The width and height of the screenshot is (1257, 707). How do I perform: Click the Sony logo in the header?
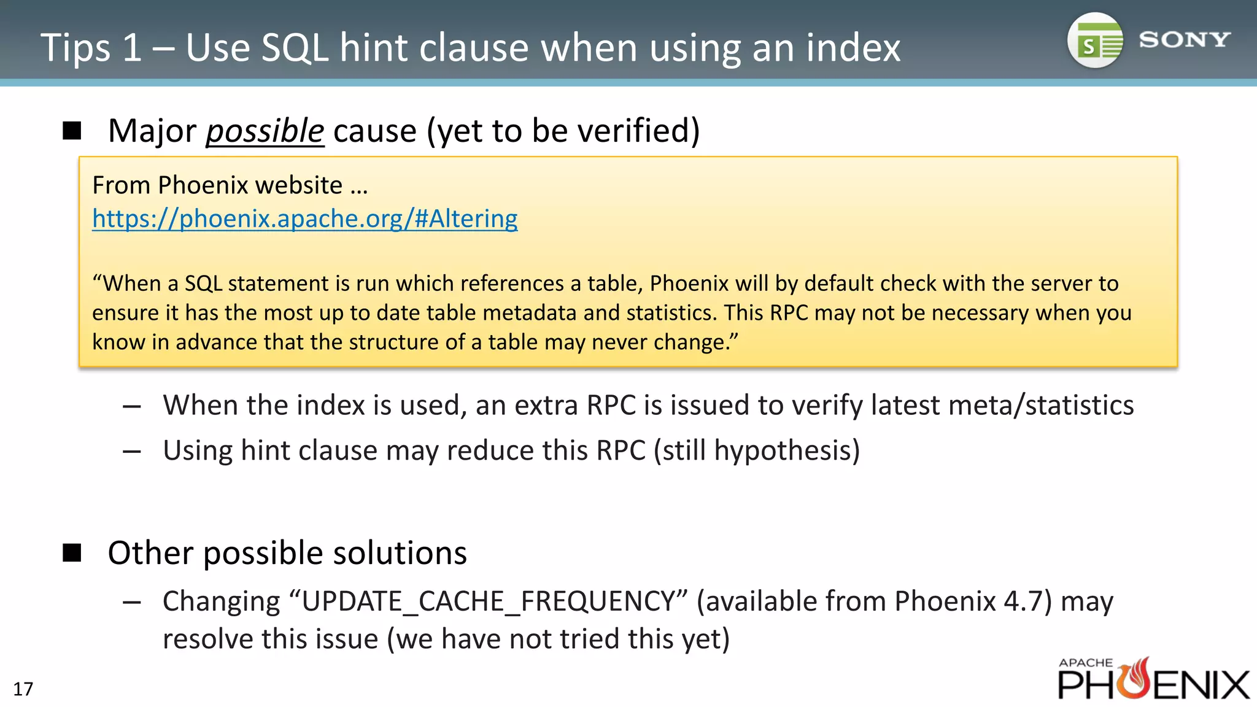[x=1184, y=40]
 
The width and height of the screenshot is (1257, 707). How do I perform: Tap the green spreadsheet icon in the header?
[x=1096, y=41]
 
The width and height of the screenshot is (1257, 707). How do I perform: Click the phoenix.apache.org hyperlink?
[x=304, y=218]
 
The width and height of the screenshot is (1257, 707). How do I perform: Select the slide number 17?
[x=23, y=689]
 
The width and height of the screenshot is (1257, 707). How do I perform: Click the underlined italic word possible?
[x=265, y=131]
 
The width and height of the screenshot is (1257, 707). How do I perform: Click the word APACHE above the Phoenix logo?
[x=1085, y=663]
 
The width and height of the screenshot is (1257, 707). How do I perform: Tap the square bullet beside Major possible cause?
[x=72, y=130]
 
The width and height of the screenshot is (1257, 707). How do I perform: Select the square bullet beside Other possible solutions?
[x=72, y=552]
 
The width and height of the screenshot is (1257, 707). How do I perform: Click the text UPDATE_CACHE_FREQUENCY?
[x=489, y=601]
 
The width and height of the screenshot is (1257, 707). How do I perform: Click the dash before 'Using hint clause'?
[x=132, y=452]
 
